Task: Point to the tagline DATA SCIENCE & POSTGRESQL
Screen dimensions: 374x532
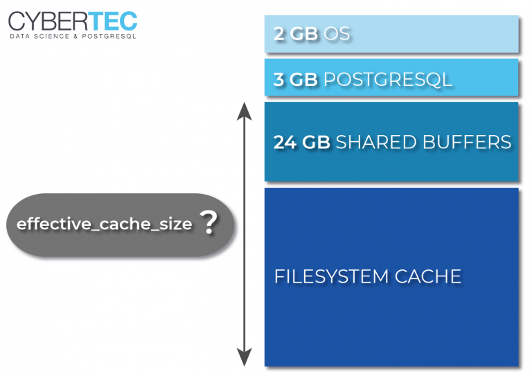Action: click(73, 35)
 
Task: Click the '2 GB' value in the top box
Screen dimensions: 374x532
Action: click(296, 34)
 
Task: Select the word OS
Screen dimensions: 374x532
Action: click(337, 34)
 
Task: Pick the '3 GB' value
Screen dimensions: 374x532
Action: click(296, 79)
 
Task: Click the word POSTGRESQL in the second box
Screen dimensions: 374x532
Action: click(388, 79)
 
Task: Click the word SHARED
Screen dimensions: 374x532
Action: click(373, 143)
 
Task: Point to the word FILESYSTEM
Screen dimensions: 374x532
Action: click(331, 276)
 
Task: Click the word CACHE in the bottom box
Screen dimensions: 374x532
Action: click(428, 276)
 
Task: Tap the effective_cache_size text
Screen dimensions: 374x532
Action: click(104, 224)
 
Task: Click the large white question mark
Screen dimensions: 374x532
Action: click(209, 224)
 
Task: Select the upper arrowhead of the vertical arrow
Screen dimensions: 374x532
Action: click(243, 110)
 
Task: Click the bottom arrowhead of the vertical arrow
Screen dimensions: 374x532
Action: click(243, 357)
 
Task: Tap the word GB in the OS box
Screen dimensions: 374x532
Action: click(304, 34)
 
